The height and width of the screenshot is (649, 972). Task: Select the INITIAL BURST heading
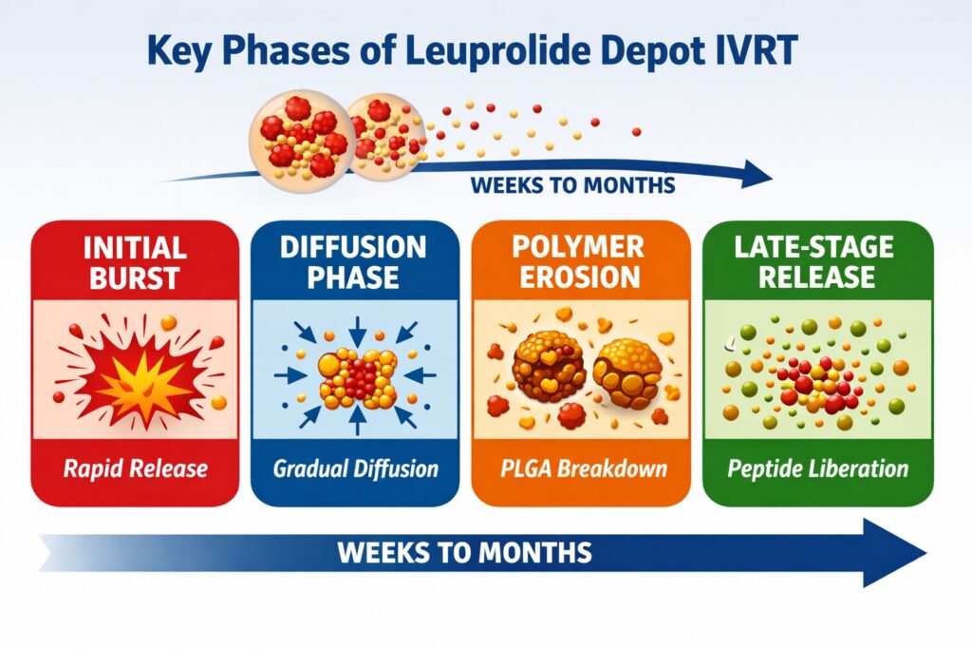point(134,262)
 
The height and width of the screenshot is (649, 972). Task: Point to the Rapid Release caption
point(134,468)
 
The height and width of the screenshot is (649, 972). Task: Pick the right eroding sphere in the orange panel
point(626,372)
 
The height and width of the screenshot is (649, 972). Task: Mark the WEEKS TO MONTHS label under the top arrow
point(572,186)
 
